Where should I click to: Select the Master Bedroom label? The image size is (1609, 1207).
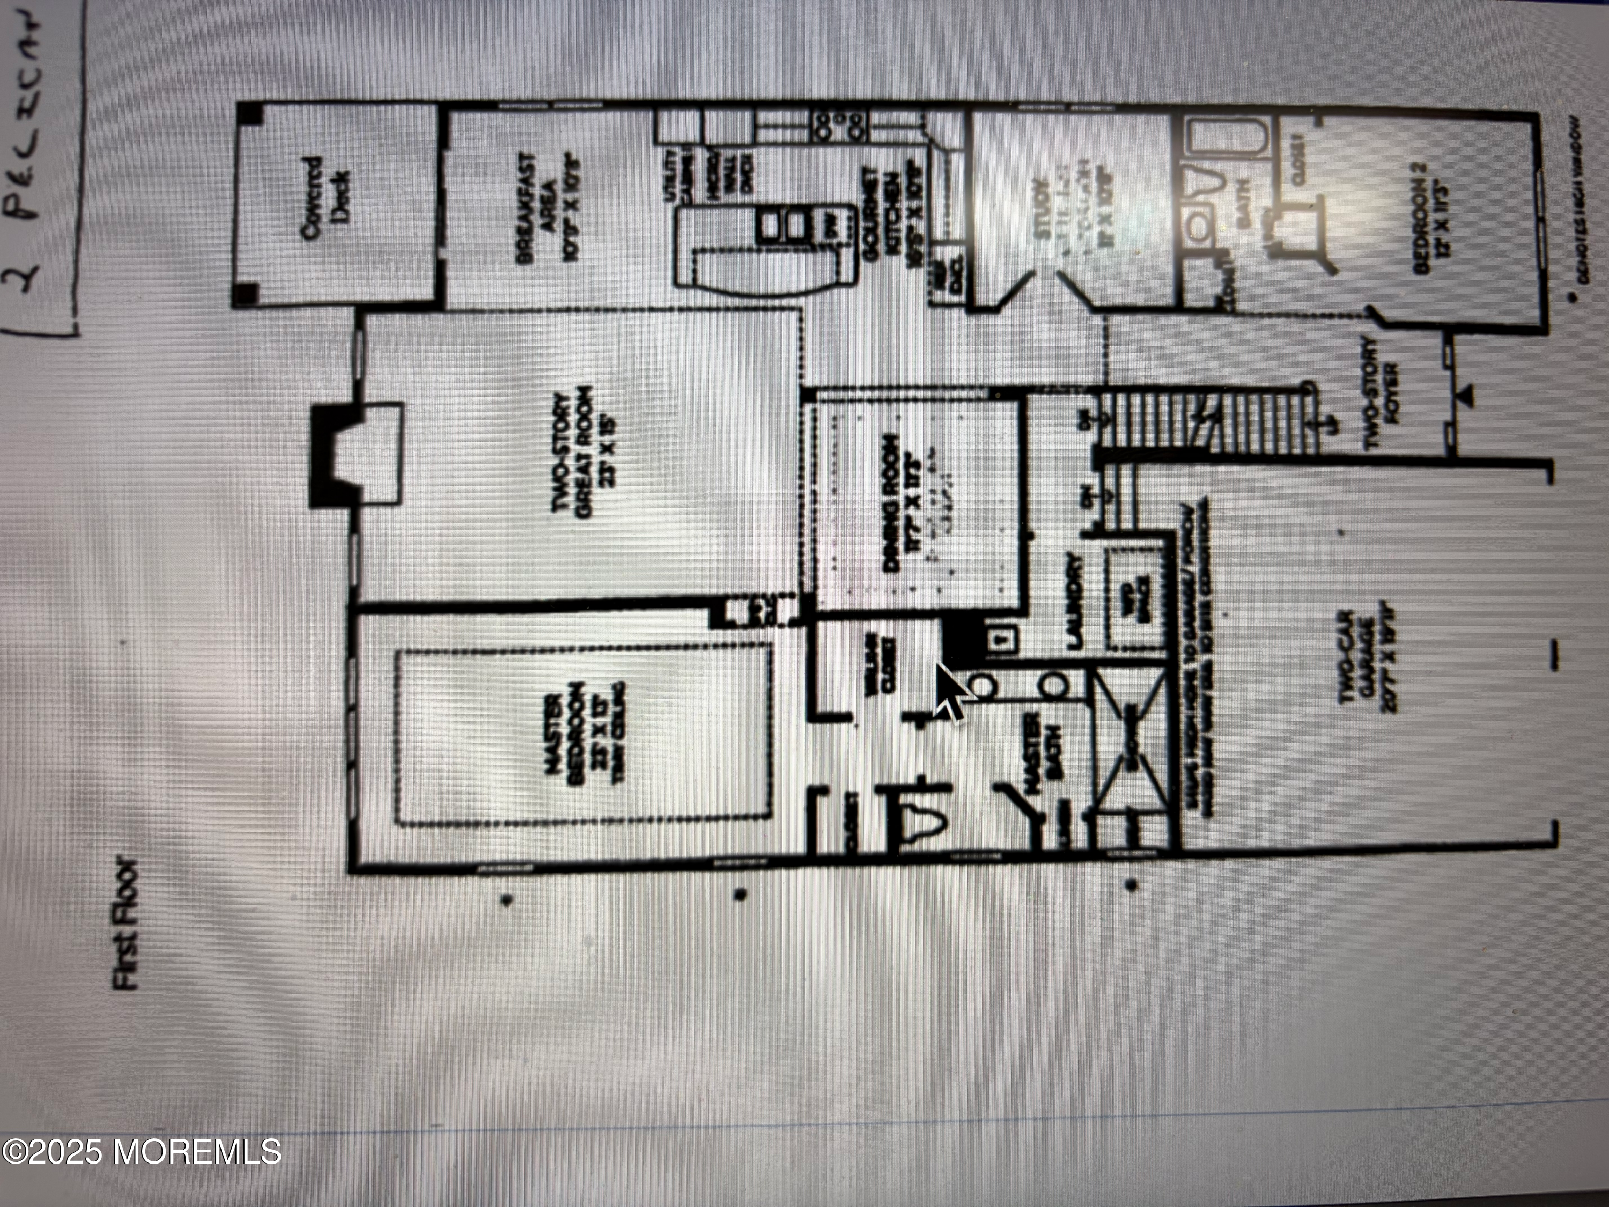coord(582,737)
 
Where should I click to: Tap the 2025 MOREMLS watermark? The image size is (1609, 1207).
coord(141,1152)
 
